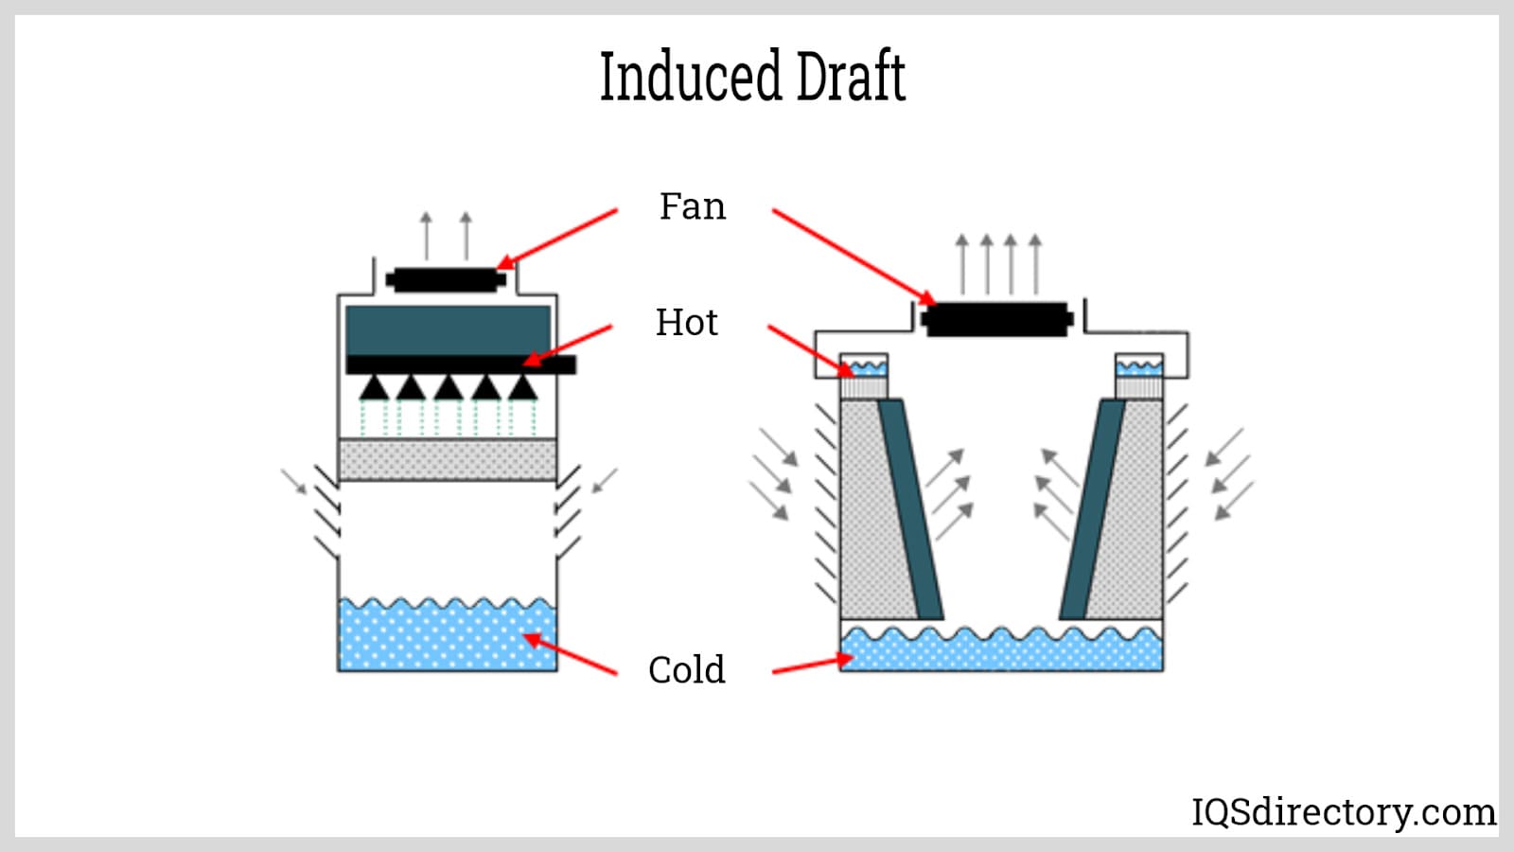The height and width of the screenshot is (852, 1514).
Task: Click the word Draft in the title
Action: click(850, 77)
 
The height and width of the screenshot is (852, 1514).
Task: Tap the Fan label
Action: click(692, 206)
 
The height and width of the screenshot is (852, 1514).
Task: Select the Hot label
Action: click(686, 323)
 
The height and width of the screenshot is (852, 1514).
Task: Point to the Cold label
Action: click(686, 670)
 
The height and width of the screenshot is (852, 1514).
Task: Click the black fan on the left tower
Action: click(446, 280)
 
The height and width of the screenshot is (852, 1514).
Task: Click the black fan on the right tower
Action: click(997, 320)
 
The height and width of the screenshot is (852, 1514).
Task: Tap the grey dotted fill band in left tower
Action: click(447, 459)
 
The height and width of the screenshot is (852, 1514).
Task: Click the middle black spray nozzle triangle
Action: click(448, 387)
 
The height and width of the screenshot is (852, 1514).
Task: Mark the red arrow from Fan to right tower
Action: click(852, 256)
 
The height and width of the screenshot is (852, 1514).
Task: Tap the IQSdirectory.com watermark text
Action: click(1343, 812)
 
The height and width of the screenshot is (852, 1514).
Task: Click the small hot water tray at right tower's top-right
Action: click(1139, 365)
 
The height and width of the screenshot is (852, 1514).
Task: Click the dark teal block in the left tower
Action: click(448, 329)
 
